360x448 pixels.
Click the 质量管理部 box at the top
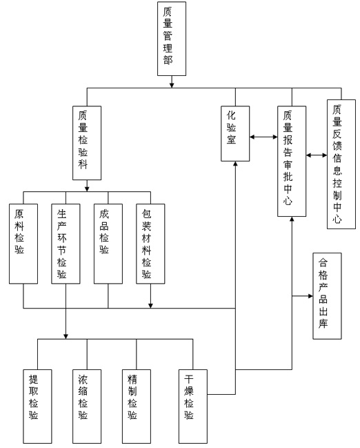coord(172,39)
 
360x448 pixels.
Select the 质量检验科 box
coord(87,143)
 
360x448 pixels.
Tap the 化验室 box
coord(235,133)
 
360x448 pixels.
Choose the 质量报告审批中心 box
coord(292,161)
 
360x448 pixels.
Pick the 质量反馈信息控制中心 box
coord(341,164)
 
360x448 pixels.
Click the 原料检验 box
coord(23,244)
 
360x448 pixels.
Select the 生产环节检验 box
coord(66,244)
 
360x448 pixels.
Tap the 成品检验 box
coord(108,244)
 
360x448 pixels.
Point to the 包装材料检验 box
coord(150,244)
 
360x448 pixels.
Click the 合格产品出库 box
coord(327,295)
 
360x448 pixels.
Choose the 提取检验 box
coord(37,407)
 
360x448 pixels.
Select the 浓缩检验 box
coord(87,407)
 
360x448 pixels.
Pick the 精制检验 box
coord(137,407)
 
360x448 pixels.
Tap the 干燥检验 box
coord(193,407)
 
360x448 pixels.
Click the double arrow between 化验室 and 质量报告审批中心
coord(263,137)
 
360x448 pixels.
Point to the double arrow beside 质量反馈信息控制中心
coord(317,155)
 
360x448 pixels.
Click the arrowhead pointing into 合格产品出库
coord(310,295)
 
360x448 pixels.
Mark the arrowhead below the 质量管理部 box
coord(172,85)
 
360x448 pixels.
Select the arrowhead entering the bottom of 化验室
coord(235,164)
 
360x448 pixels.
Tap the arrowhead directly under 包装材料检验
coord(150,306)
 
